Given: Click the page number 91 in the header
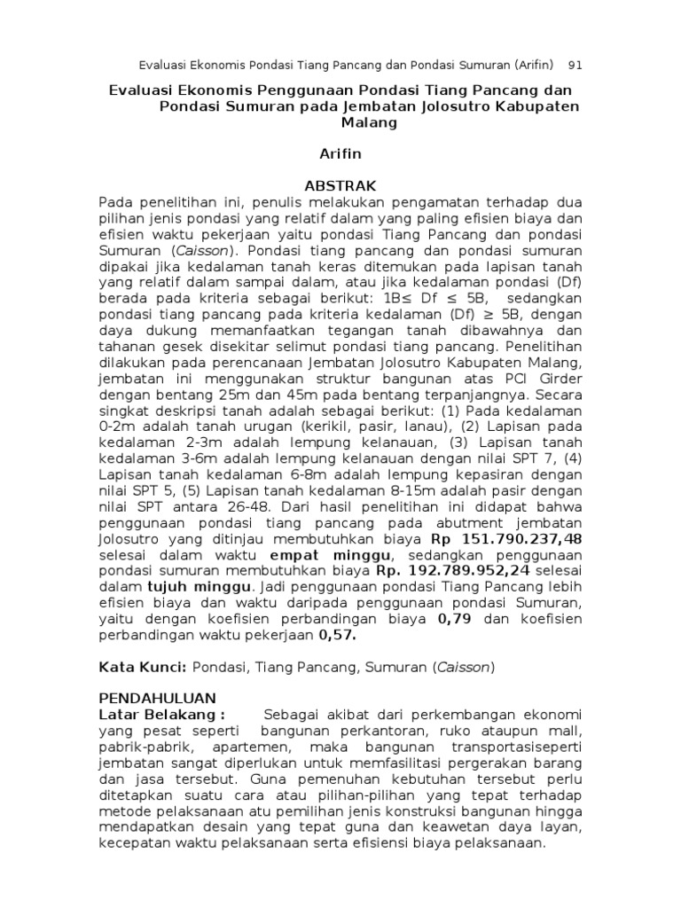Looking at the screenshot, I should tap(574, 66).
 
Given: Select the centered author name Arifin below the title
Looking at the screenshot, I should tap(340, 154).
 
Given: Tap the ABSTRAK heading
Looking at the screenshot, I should tap(340, 185).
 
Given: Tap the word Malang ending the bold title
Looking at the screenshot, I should tap(340, 124).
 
